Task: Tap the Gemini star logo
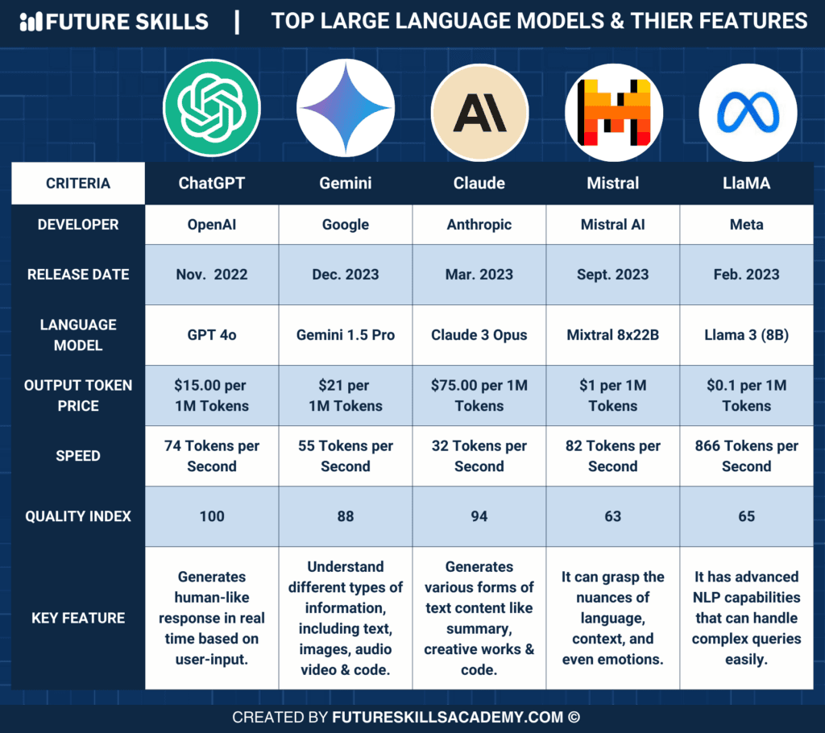[345, 107]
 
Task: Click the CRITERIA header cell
[78, 184]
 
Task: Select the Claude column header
[479, 184]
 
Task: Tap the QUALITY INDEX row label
[78, 516]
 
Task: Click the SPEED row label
[78, 456]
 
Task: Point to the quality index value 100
[212, 516]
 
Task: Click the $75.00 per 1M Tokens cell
[479, 395]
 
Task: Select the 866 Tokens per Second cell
[747, 456]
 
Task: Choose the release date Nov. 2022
[212, 275]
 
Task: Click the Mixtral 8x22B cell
[613, 335]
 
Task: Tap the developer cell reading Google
[346, 225]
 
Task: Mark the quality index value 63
[613, 516]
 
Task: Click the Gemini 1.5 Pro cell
[346, 335]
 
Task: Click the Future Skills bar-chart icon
[31, 22]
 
